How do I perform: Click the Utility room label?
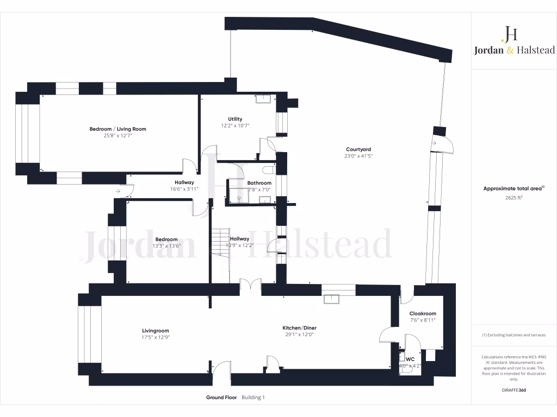tap(235, 119)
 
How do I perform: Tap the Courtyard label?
tap(358, 149)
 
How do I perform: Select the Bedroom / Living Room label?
tap(118, 129)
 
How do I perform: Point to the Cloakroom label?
tap(423, 314)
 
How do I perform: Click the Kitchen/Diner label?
tap(299, 328)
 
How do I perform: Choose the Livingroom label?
tap(156, 331)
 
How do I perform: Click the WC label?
tap(410, 359)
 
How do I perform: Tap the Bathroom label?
tap(259, 183)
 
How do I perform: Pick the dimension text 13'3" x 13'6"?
tap(166, 246)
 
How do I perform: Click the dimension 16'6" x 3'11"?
tap(184, 189)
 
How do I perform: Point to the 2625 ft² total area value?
tap(514, 198)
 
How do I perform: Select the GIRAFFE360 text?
tap(514, 390)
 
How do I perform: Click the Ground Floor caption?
tap(221, 397)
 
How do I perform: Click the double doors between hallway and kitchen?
tap(251, 286)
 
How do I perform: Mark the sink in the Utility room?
tap(264, 99)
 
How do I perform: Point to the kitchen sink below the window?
tap(331, 299)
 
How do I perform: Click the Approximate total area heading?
tap(514, 188)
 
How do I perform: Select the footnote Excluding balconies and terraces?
tap(514, 335)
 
